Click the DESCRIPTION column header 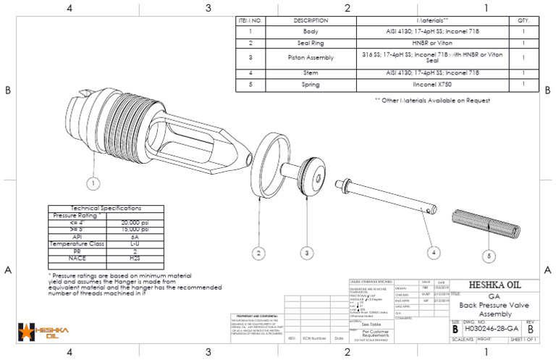(311, 21)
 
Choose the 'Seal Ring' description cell (311, 44)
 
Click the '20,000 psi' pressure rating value (135, 222)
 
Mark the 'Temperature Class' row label (77, 244)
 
